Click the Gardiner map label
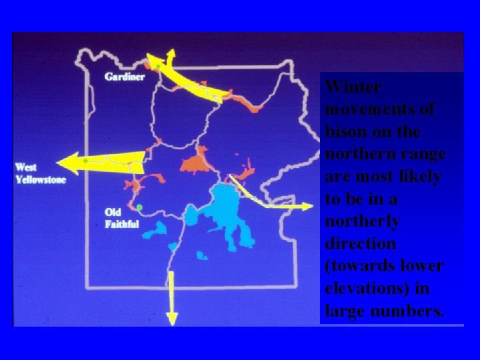[124, 76]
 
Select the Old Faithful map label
[121, 218]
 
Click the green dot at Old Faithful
[140, 207]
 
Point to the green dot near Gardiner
[157, 66]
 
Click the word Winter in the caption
[354, 87]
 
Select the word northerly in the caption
[363, 221]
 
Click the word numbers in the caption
[413, 311]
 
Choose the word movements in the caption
[379, 109]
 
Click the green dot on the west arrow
[85, 161]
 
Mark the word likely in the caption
[417, 177]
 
